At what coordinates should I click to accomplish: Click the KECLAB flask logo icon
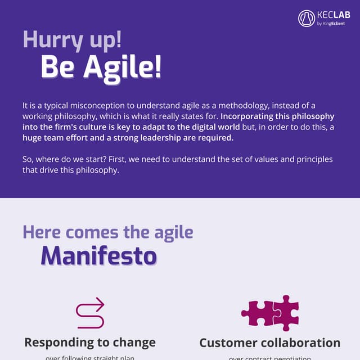point(307,18)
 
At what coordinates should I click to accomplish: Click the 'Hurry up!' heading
point(72,39)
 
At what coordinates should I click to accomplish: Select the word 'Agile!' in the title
point(122,67)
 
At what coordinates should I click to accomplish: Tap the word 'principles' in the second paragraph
point(313,159)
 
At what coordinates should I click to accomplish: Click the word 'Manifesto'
point(98,255)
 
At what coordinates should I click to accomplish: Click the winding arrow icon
point(90,313)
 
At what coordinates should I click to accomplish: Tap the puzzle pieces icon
point(270,312)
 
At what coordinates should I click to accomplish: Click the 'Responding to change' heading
point(90,342)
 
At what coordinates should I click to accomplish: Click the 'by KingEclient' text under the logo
point(331,24)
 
